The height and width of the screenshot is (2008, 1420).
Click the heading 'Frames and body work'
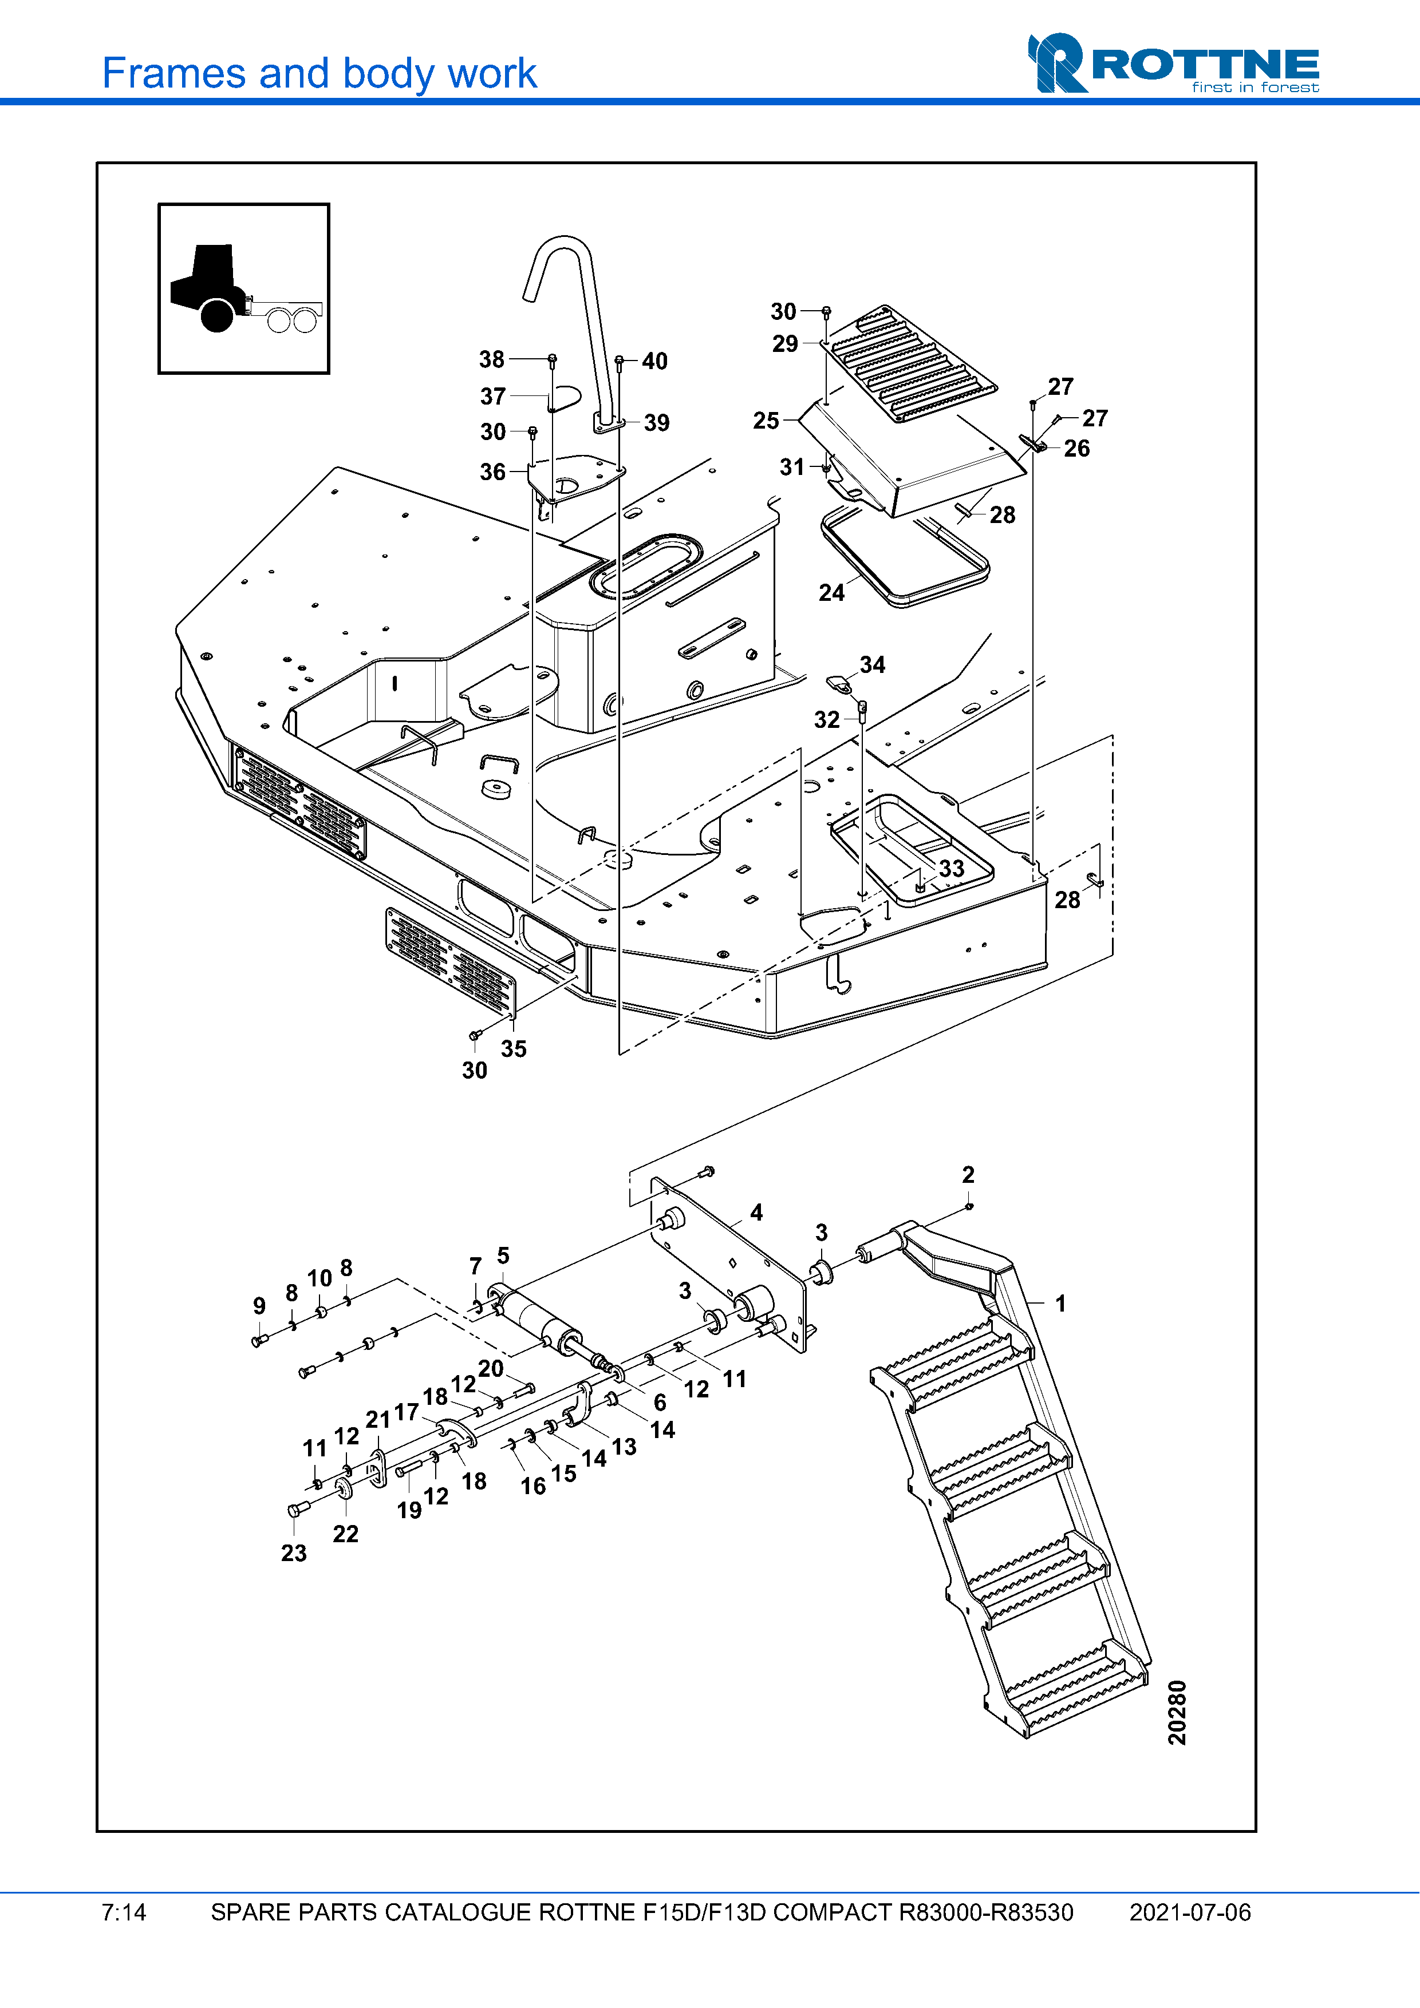pyautogui.click(x=319, y=73)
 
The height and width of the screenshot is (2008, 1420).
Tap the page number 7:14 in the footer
pyautogui.click(x=123, y=1912)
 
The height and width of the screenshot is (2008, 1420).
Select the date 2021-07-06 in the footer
pyautogui.click(x=1189, y=1912)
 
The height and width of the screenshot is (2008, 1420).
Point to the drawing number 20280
pyautogui.click(x=1177, y=1712)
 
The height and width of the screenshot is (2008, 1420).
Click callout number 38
pyautogui.click(x=492, y=359)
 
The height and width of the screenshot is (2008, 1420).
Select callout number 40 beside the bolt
pyautogui.click(x=654, y=361)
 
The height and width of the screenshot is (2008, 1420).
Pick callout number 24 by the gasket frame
pyautogui.click(x=831, y=592)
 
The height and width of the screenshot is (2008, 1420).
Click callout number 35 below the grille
pyautogui.click(x=514, y=1048)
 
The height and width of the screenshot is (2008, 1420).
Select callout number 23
pyautogui.click(x=294, y=1552)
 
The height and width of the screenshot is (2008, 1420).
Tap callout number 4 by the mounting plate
pyautogui.click(x=756, y=1212)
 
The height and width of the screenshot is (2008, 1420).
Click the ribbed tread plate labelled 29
pyautogui.click(x=910, y=363)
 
